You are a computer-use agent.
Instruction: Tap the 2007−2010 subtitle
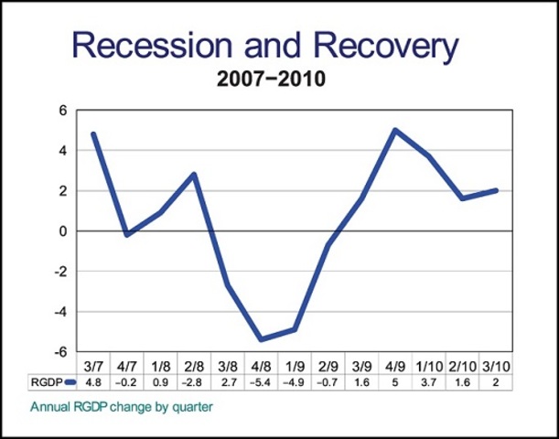271,80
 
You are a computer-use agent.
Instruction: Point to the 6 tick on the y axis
64,111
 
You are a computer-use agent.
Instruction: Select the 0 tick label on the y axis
64,231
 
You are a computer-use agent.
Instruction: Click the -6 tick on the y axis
61,352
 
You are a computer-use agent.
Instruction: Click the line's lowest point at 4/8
261,339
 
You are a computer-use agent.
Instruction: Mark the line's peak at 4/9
395,130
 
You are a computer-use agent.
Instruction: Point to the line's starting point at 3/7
93,134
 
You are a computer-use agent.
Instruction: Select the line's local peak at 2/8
194,174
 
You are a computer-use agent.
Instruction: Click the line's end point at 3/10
496,190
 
